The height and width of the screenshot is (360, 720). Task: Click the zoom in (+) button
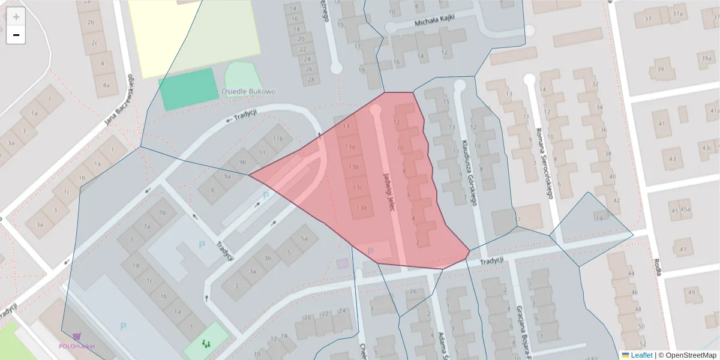click(16, 16)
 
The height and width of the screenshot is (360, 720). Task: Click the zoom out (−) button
click(16, 35)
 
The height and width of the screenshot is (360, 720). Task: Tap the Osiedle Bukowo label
click(248, 92)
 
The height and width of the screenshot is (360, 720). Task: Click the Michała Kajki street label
click(435, 21)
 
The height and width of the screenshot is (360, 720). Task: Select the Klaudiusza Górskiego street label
click(469, 172)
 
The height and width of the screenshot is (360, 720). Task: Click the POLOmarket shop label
click(77, 346)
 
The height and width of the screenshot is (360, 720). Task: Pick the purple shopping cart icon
click(77, 337)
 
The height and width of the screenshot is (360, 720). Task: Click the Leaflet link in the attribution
click(641, 355)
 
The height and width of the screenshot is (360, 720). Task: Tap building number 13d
click(361, 208)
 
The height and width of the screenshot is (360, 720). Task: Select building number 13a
click(350, 146)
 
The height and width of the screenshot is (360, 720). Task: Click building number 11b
click(278, 139)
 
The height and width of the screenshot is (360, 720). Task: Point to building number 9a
click(227, 176)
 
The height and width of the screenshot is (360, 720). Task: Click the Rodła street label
click(657, 266)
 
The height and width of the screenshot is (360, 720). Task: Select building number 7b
click(162, 212)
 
